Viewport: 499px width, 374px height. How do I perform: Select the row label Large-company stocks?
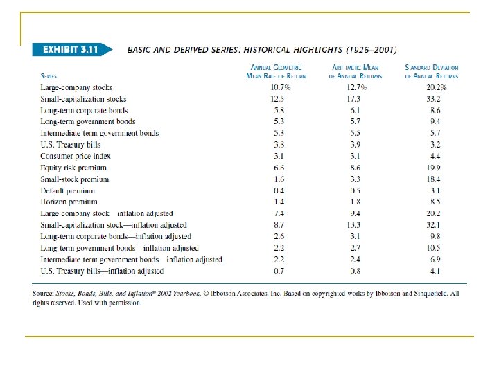(76, 88)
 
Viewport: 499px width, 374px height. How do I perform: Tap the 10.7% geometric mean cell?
(280, 88)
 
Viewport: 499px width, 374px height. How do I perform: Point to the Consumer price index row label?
(76, 156)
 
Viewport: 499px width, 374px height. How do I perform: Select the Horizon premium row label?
(69, 202)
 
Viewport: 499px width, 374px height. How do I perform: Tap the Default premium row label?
(68, 190)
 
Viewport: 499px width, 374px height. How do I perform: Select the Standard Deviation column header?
(432, 71)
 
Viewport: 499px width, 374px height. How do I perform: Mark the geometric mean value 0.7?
(279, 270)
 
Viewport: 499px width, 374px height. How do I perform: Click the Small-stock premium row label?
(74, 179)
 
